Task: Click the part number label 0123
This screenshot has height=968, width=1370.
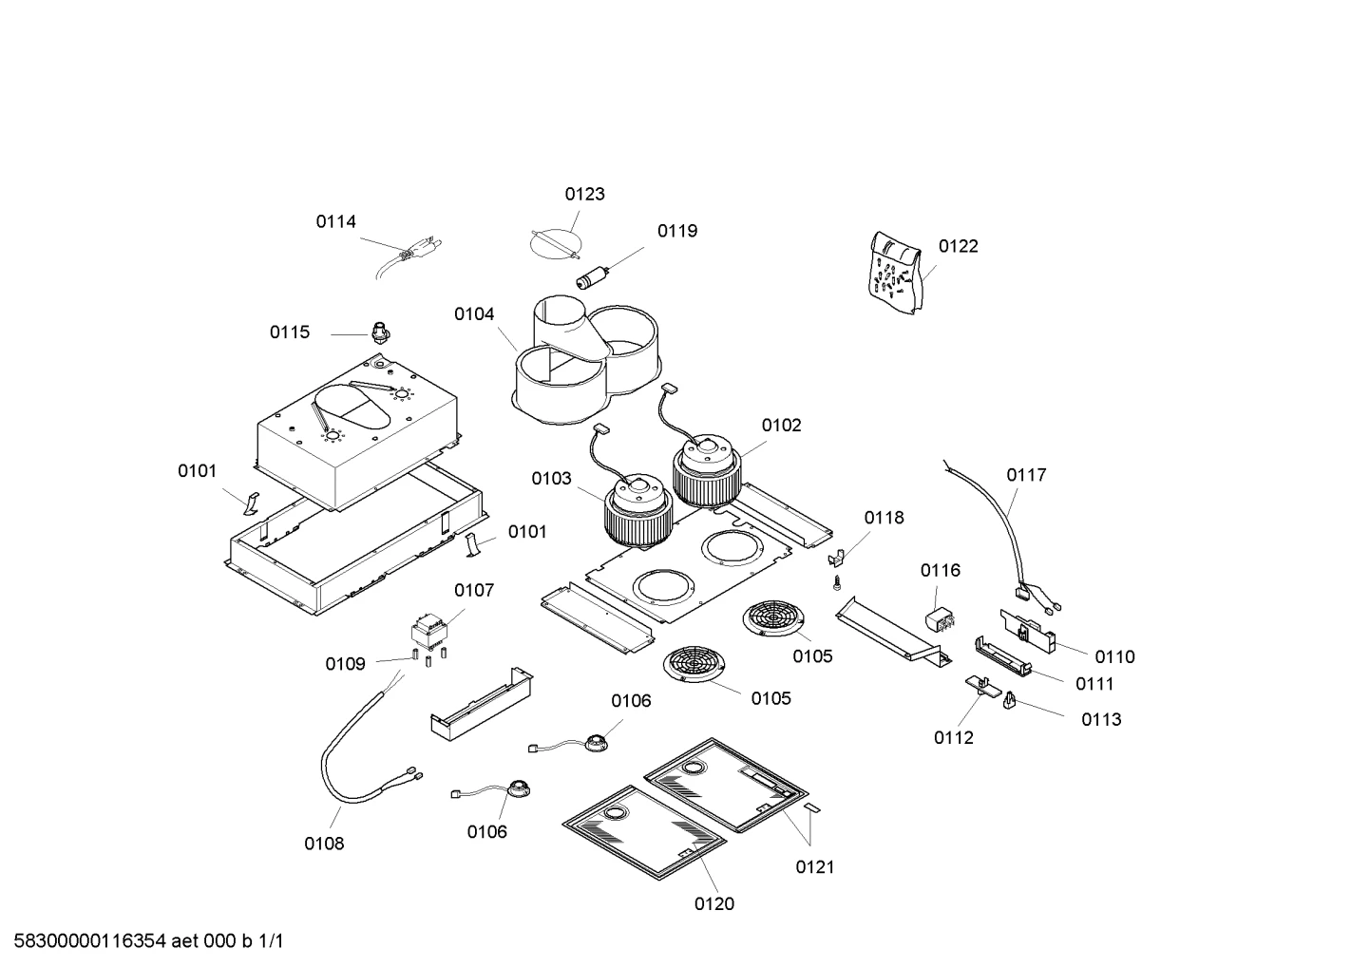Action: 584,194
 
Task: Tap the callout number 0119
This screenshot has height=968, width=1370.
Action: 677,231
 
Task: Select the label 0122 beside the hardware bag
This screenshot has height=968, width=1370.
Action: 958,246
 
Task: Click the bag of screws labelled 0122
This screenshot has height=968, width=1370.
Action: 895,273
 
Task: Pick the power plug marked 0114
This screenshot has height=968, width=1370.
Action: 409,256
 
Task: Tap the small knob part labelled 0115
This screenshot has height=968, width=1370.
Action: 380,332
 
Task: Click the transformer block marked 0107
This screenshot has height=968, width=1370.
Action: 428,633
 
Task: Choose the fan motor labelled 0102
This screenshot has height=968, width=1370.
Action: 707,472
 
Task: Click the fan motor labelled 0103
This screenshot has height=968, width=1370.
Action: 638,511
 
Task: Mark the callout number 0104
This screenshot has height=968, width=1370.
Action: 474,314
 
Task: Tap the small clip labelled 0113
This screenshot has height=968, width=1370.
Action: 1009,700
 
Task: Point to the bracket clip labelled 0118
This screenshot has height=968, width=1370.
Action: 836,559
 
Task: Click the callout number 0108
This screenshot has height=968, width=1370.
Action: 324,844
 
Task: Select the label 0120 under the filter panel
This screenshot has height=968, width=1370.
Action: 714,903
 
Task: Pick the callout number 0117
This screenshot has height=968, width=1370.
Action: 1026,475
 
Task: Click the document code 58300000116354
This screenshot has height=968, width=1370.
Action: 90,941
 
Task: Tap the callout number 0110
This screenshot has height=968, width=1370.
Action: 1115,657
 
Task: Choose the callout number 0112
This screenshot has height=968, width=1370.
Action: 954,738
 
